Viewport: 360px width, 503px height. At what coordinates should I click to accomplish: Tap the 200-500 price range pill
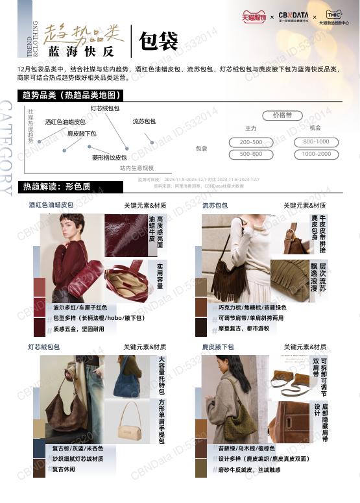coord(251,142)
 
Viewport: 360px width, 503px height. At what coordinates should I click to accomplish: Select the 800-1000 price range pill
coord(316,142)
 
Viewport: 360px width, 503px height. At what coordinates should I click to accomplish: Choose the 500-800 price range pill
coord(251,154)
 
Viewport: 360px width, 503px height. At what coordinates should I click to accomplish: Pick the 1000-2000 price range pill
coord(316,154)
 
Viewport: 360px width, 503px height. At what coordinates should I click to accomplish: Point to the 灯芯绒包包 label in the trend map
coord(104,108)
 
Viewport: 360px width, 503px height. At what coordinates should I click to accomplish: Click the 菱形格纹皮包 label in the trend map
coord(109,158)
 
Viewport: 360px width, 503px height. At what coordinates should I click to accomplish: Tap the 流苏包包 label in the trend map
coord(144,121)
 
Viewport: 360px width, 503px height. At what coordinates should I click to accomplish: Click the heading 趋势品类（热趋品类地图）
coord(71,95)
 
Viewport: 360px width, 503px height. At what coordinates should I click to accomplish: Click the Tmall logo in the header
coord(254,16)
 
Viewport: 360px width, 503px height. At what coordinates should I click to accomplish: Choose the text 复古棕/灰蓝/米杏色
coord(78,448)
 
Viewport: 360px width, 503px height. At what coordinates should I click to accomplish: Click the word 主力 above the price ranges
coord(251,129)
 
